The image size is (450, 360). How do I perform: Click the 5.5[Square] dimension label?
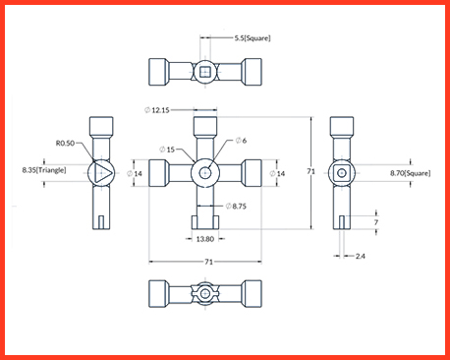tap(253, 38)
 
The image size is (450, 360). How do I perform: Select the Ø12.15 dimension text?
tap(157, 110)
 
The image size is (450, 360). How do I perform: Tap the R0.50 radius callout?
tap(65, 144)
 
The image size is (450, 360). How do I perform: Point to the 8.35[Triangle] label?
tap(44, 170)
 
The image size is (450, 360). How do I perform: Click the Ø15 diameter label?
tap(167, 150)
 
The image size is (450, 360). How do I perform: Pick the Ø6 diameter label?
tap(241, 141)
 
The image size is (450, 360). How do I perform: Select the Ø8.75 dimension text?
tap(236, 207)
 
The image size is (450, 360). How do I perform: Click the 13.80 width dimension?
tap(205, 239)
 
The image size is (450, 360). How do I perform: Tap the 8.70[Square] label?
tap(411, 173)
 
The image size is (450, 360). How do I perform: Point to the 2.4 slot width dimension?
tap(361, 256)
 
